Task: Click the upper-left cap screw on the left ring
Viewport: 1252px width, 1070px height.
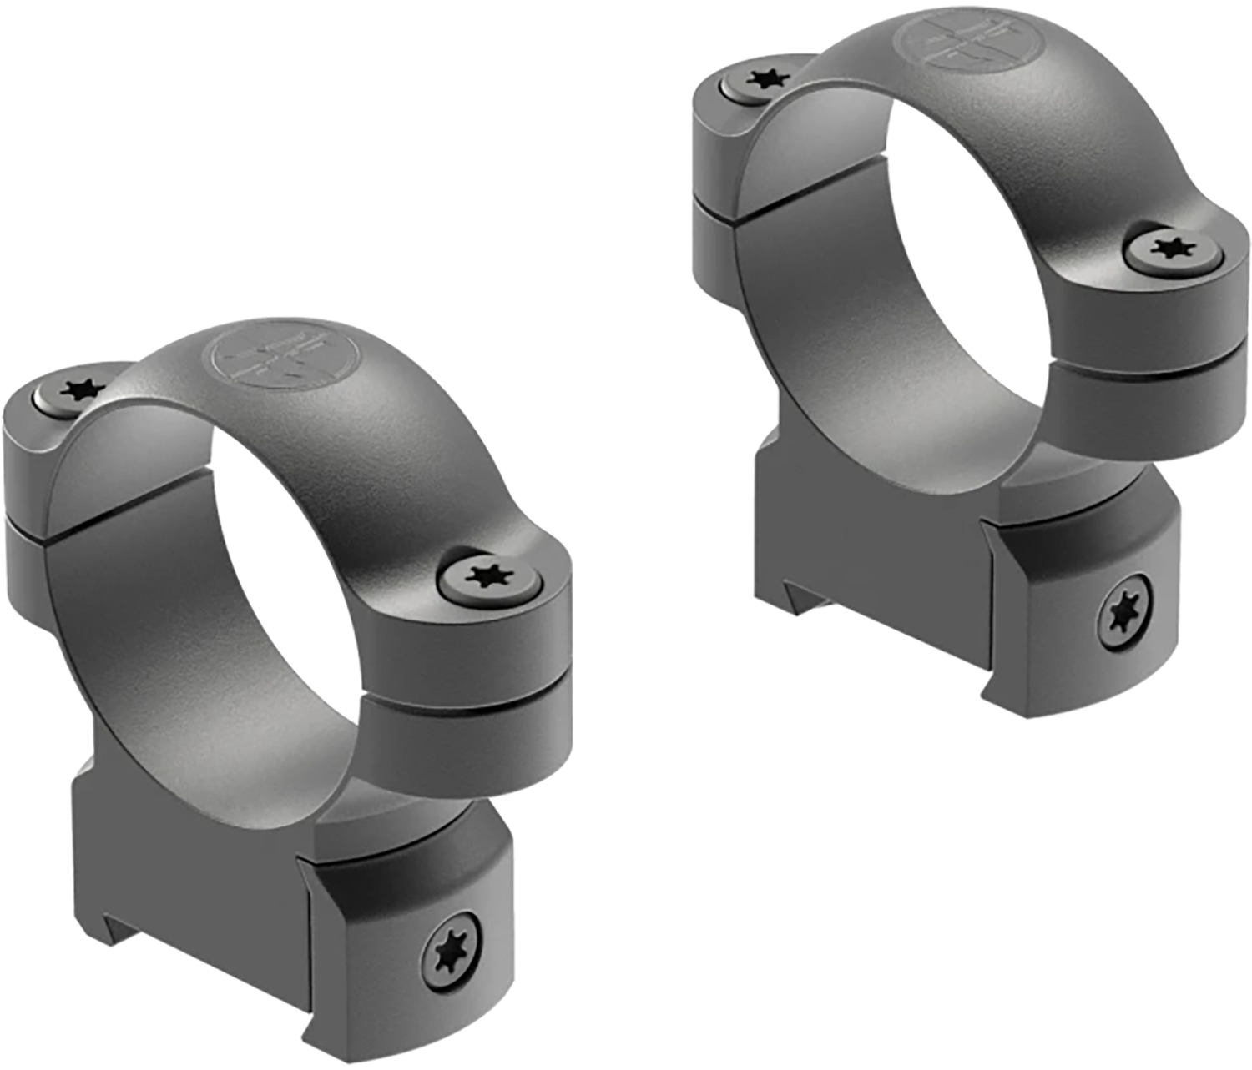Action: pyautogui.click(x=81, y=389)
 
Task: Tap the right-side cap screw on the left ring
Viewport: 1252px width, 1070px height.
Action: pyautogui.click(x=487, y=576)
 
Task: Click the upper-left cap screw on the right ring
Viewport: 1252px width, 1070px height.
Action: pyautogui.click(x=766, y=80)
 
